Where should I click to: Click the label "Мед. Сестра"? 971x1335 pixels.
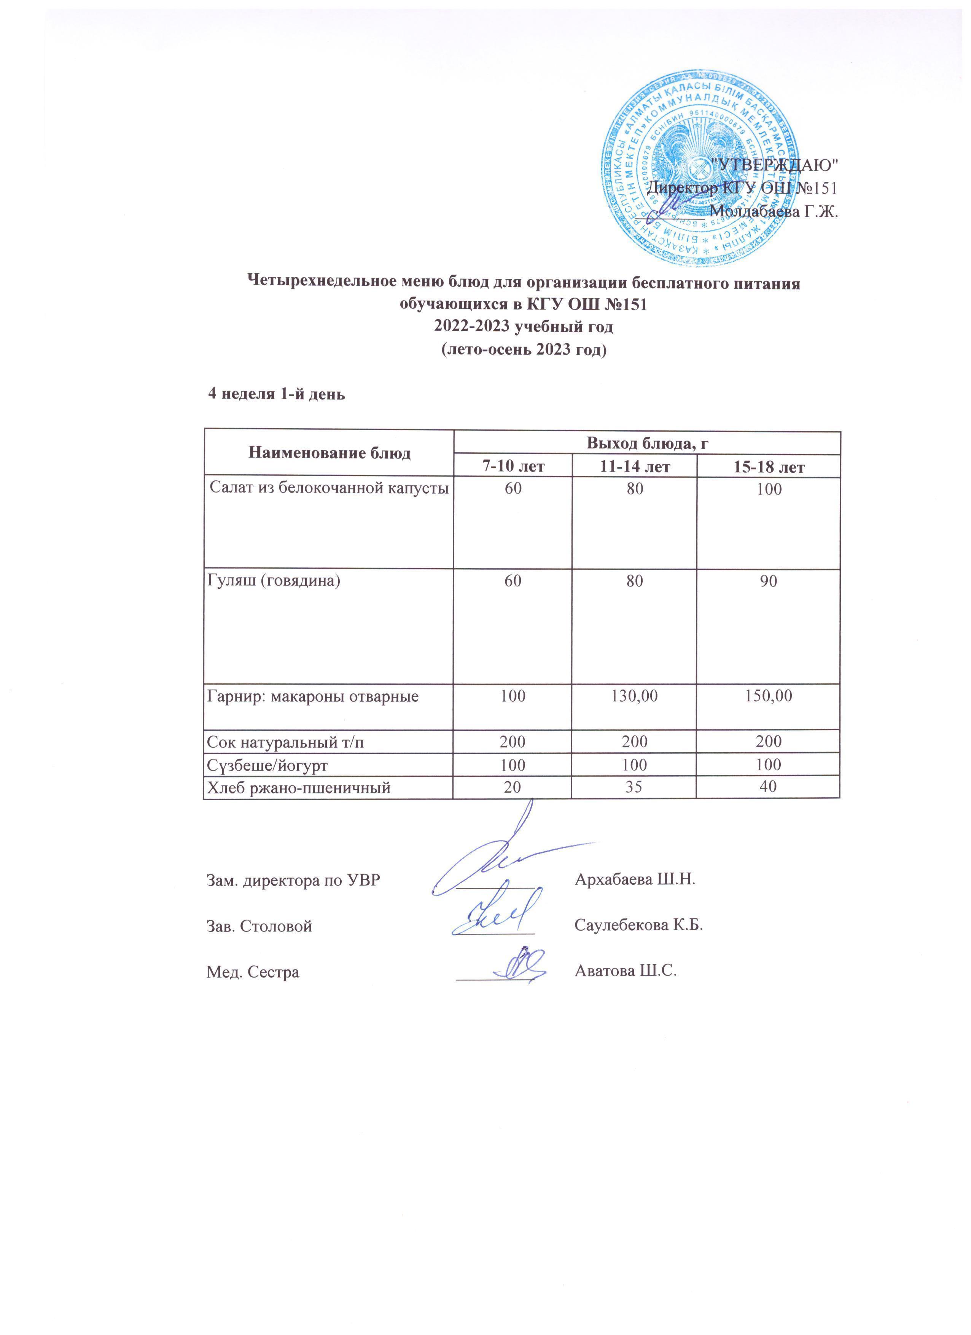click(x=253, y=972)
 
